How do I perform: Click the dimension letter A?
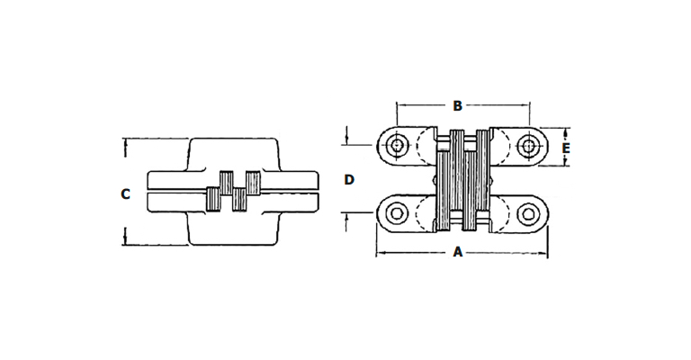tap(458, 252)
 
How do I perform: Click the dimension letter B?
tap(457, 106)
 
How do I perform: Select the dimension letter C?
tap(126, 193)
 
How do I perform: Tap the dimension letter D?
tap(349, 180)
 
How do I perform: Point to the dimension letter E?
tap(566, 148)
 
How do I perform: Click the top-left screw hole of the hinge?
tap(397, 145)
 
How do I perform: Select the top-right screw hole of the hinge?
tap(528, 145)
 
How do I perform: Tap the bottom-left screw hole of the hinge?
tap(395, 213)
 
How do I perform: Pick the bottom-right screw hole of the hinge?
tap(528, 213)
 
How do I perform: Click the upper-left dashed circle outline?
tap(426, 146)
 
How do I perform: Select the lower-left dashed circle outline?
tap(426, 214)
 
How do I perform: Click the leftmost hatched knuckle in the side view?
tap(213, 199)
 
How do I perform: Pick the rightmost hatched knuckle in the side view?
tap(253, 183)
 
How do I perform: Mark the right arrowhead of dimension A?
tap(543, 253)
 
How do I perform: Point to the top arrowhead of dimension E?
tap(566, 131)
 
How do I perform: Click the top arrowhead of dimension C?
tap(126, 142)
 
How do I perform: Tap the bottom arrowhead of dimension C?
tap(126, 241)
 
